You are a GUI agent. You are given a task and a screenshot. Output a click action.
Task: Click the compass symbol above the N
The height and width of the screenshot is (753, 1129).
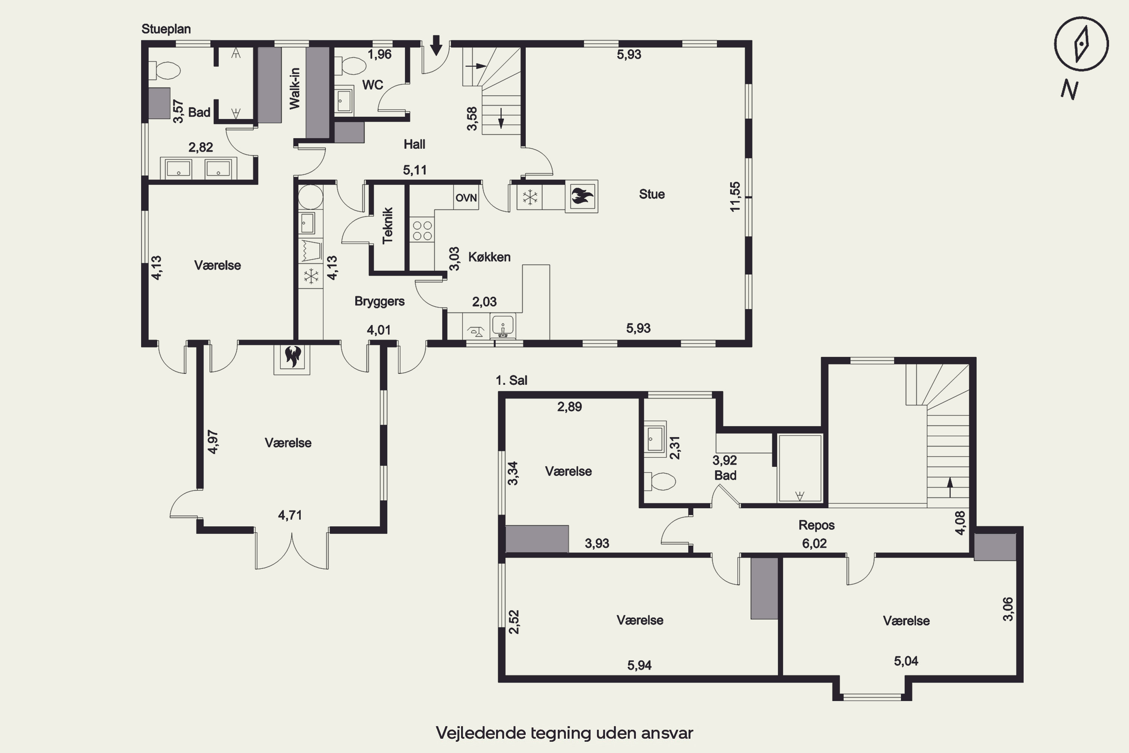point(1081,44)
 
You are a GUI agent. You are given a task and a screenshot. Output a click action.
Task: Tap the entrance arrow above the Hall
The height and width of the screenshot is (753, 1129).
point(436,45)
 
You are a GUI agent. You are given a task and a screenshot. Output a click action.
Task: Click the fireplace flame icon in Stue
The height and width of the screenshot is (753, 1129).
point(582,197)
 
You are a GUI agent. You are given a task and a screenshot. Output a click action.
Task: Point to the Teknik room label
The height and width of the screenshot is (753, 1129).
point(388,226)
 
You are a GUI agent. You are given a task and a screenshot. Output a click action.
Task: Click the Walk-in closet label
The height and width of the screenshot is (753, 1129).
point(294,89)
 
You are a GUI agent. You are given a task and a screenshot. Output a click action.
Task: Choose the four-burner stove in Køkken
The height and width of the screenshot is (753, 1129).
point(422,230)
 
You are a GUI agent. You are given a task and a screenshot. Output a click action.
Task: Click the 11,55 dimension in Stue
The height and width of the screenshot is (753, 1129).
point(735,197)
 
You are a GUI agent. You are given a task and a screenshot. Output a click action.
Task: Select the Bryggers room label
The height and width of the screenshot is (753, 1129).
point(379,301)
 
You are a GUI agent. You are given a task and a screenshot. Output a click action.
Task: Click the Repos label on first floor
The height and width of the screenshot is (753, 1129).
point(817,525)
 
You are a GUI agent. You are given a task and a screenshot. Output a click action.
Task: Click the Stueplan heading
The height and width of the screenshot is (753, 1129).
point(166,29)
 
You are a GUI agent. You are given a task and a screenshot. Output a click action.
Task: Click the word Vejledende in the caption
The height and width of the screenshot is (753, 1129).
point(481,733)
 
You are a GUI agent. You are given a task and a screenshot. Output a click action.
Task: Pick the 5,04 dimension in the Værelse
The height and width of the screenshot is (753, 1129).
point(906,661)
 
